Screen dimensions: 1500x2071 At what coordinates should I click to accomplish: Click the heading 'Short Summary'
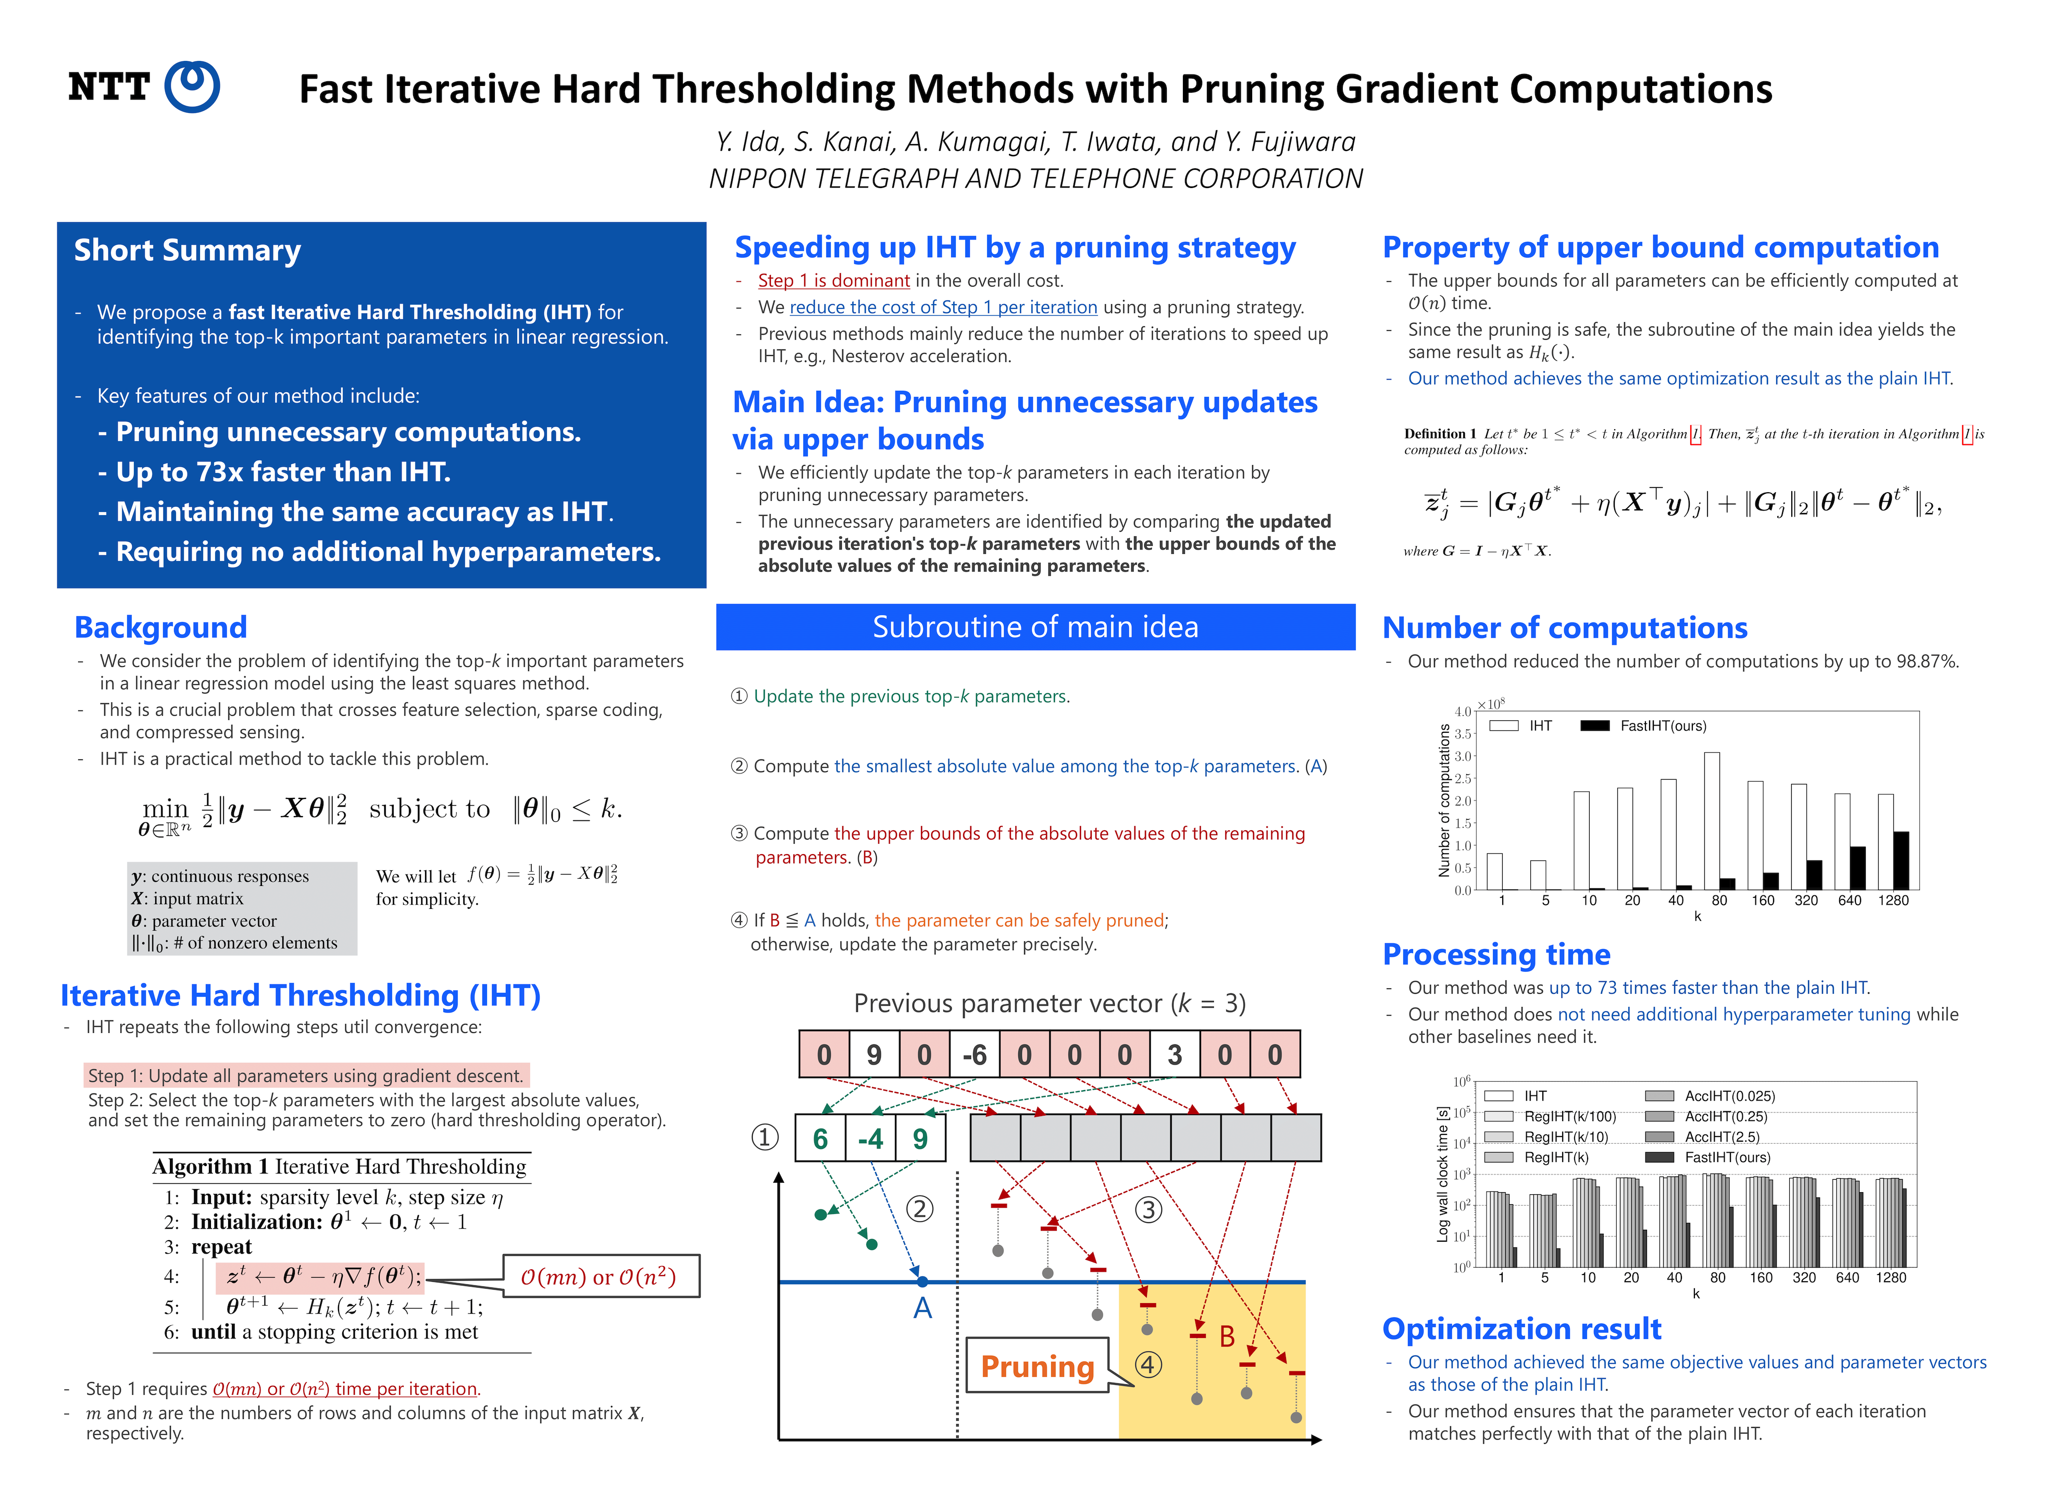click(x=187, y=250)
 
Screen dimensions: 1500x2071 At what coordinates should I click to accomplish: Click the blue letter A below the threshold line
click(x=922, y=1308)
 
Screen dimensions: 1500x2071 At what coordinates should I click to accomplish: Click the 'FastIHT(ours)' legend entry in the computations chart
click(x=1662, y=726)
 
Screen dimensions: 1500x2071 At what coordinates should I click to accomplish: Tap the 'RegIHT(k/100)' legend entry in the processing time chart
click(x=1569, y=1117)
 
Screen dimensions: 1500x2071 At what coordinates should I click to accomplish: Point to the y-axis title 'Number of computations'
click(x=1444, y=801)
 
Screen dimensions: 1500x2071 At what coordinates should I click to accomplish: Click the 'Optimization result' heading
click(x=1521, y=1328)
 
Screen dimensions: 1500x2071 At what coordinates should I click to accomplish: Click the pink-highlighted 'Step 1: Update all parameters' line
click(x=305, y=1076)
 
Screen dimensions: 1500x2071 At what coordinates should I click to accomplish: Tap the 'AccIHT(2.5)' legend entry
click(x=1721, y=1136)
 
